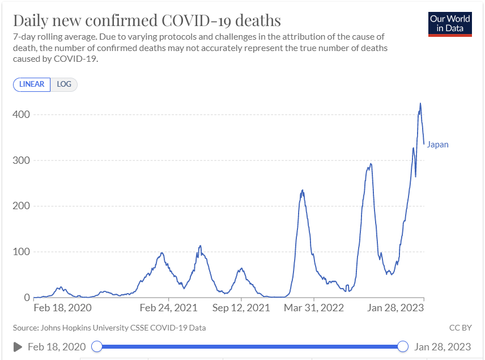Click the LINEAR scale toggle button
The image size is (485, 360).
point(32,84)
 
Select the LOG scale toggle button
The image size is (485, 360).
point(64,84)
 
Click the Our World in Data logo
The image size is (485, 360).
point(450,23)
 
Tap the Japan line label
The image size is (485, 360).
point(437,145)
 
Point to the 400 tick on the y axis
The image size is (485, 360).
point(22,115)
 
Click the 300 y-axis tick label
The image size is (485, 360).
point(22,160)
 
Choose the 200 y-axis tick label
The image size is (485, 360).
point(22,206)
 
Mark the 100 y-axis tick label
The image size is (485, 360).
point(22,252)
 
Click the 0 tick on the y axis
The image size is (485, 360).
point(26,298)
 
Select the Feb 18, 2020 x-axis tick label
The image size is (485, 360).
point(62,308)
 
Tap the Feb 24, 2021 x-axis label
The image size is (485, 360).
point(168,308)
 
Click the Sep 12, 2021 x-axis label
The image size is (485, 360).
point(241,308)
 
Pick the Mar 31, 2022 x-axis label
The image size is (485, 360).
point(314,308)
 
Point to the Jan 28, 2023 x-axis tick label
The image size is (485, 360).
point(395,308)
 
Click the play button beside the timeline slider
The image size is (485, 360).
point(18,346)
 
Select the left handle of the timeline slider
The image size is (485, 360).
point(97,346)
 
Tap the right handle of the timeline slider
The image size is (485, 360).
point(403,346)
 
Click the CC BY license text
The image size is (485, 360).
point(460,328)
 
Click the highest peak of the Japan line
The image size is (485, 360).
point(420,103)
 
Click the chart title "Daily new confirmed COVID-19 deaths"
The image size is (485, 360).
point(147,20)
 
